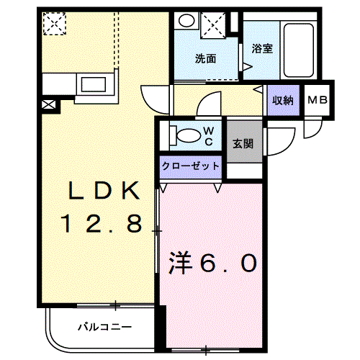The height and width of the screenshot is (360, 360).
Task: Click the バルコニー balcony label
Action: tap(101, 328)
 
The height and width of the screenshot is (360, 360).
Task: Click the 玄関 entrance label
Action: tap(242, 143)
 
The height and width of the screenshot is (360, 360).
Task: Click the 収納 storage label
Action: tap(282, 101)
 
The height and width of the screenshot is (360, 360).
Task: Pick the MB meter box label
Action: tap(318, 101)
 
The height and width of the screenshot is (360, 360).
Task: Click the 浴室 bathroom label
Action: tap(262, 49)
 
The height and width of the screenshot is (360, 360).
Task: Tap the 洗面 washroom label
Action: tap(205, 59)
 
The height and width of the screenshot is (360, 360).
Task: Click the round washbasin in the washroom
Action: tap(186, 22)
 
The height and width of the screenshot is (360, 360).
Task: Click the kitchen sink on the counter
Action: tap(94, 84)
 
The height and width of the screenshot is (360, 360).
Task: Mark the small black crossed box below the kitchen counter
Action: tap(48, 105)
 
